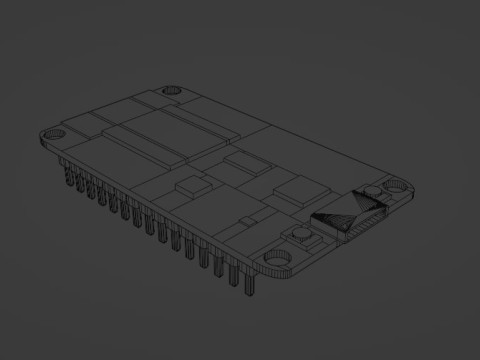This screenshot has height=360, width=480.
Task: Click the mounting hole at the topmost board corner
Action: pos(171,90)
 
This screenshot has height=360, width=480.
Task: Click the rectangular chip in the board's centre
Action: pos(241,162)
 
